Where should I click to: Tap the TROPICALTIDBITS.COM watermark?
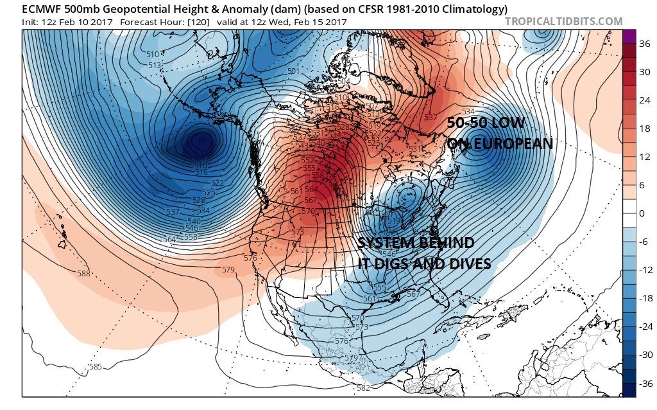click(563, 22)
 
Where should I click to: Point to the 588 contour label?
click(83, 274)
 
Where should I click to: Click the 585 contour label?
click(96, 367)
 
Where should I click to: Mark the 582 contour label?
click(364, 388)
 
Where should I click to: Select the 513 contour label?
click(155, 66)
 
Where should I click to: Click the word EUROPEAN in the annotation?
click(509, 143)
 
